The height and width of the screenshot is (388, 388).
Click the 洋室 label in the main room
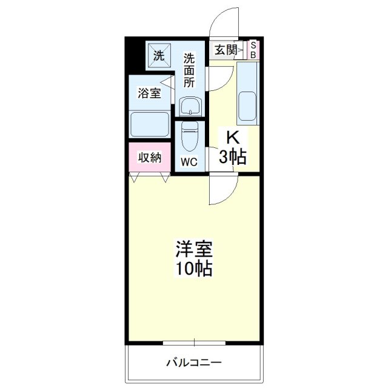coord(194,249)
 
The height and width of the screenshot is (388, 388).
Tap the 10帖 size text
coord(194,269)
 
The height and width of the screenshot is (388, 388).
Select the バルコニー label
coord(194,363)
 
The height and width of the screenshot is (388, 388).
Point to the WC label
coord(189,162)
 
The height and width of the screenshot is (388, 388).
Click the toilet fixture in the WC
coord(189,139)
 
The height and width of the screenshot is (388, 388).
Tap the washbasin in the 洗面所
coord(190,107)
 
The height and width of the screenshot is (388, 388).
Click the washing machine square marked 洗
coord(159,56)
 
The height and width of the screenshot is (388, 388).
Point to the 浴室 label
coord(149,93)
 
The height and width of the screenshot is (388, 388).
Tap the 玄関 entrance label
coord(225,50)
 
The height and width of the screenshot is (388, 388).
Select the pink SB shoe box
coord(253,50)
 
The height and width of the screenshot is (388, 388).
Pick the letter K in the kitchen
coord(232,138)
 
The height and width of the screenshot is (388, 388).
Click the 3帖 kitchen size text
coord(232,158)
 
